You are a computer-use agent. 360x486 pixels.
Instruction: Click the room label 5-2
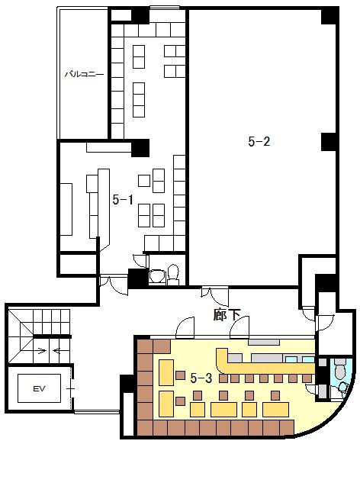(259, 141)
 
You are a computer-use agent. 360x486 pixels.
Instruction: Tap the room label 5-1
(123, 200)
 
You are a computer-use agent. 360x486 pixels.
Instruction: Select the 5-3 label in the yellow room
(201, 378)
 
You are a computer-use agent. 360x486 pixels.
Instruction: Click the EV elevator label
(39, 388)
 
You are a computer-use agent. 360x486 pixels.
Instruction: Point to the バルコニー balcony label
(84, 75)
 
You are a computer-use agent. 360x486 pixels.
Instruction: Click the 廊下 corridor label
(227, 315)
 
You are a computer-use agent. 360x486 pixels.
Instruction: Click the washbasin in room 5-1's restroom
(157, 276)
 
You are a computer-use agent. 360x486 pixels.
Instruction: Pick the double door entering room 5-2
(214, 296)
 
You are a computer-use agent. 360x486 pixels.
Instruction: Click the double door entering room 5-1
(114, 285)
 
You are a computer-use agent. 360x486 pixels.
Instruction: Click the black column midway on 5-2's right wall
(328, 142)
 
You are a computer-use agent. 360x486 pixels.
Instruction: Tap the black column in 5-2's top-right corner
(329, 16)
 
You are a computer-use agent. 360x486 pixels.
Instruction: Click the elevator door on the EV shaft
(72, 388)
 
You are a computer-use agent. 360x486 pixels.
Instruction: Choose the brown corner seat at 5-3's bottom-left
(145, 428)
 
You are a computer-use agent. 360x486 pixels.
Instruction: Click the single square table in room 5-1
(144, 181)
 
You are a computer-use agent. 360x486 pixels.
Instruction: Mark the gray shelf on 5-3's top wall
(264, 342)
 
